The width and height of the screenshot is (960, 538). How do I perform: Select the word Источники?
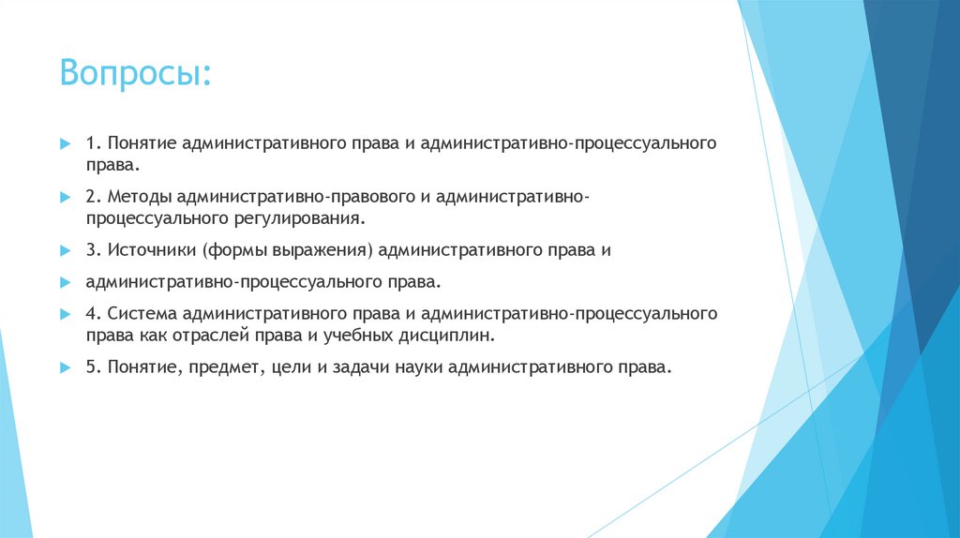(x=147, y=251)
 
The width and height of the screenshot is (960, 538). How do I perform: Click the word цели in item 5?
(x=291, y=367)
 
